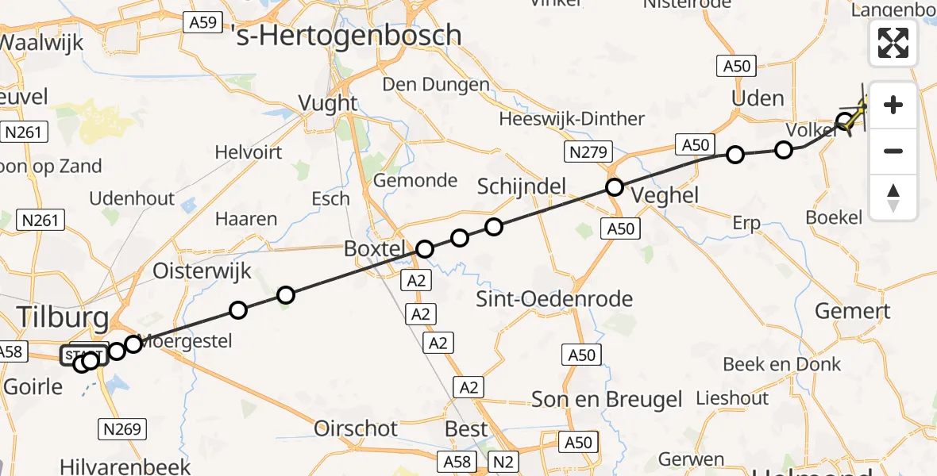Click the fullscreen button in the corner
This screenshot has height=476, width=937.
point(893,43)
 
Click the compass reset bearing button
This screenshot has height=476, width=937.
point(893,198)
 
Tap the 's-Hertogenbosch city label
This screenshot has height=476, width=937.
point(349,35)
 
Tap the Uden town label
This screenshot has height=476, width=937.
point(757,98)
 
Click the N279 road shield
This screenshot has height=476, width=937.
point(588,151)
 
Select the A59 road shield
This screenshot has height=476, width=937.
point(202,23)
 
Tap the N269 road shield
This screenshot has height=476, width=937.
point(121,429)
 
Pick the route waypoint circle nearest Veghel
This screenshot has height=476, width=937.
point(615,187)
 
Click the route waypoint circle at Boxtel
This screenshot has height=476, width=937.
point(426,249)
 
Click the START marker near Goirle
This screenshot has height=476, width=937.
point(83,355)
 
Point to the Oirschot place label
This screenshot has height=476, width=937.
point(356,428)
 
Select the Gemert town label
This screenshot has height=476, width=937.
point(852,310)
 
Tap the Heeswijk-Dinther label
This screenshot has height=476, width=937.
point(572,119)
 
